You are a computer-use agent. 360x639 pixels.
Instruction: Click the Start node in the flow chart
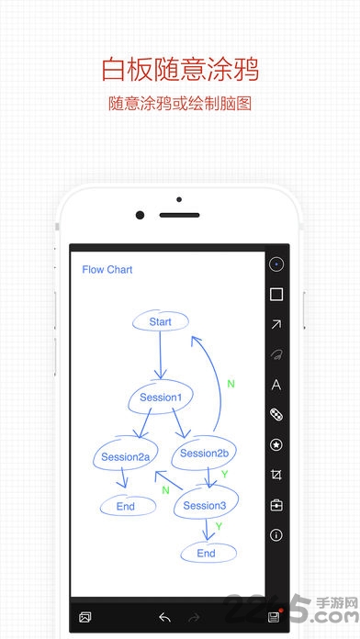coord(160,322)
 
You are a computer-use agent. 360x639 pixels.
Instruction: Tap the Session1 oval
coord(161,397)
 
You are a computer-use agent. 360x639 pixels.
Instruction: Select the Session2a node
coord(125,456)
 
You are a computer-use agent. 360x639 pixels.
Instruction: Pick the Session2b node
coord(204,453)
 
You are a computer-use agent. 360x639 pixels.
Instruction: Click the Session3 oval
coord(206,505)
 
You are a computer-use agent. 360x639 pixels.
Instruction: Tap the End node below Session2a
coord(128,507)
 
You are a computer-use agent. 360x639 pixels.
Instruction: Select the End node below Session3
coord(208,553)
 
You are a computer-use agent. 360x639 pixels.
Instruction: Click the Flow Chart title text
coord(107,269)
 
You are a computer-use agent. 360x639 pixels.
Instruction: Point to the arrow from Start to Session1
coord(160,354)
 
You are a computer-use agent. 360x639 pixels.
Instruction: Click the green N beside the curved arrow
coord(231,384)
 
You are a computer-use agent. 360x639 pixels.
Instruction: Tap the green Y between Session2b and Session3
coord(224,474)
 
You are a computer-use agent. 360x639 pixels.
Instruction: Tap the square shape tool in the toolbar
coord(276,294)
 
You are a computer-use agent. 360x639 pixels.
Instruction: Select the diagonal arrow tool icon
coord(276,324)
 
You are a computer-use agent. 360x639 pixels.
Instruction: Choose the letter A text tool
coord(276,385)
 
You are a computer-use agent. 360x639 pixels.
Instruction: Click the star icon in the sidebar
coord(276,445)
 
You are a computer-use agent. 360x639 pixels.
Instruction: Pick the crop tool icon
coord(276,475)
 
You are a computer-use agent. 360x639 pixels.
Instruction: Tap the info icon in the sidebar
coord(276,535)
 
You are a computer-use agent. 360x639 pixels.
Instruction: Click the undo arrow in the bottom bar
coord(164,617)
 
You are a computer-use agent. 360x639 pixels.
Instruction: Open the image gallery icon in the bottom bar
coord(85,617)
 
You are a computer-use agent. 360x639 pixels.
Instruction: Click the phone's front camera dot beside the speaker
coord(140,215)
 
